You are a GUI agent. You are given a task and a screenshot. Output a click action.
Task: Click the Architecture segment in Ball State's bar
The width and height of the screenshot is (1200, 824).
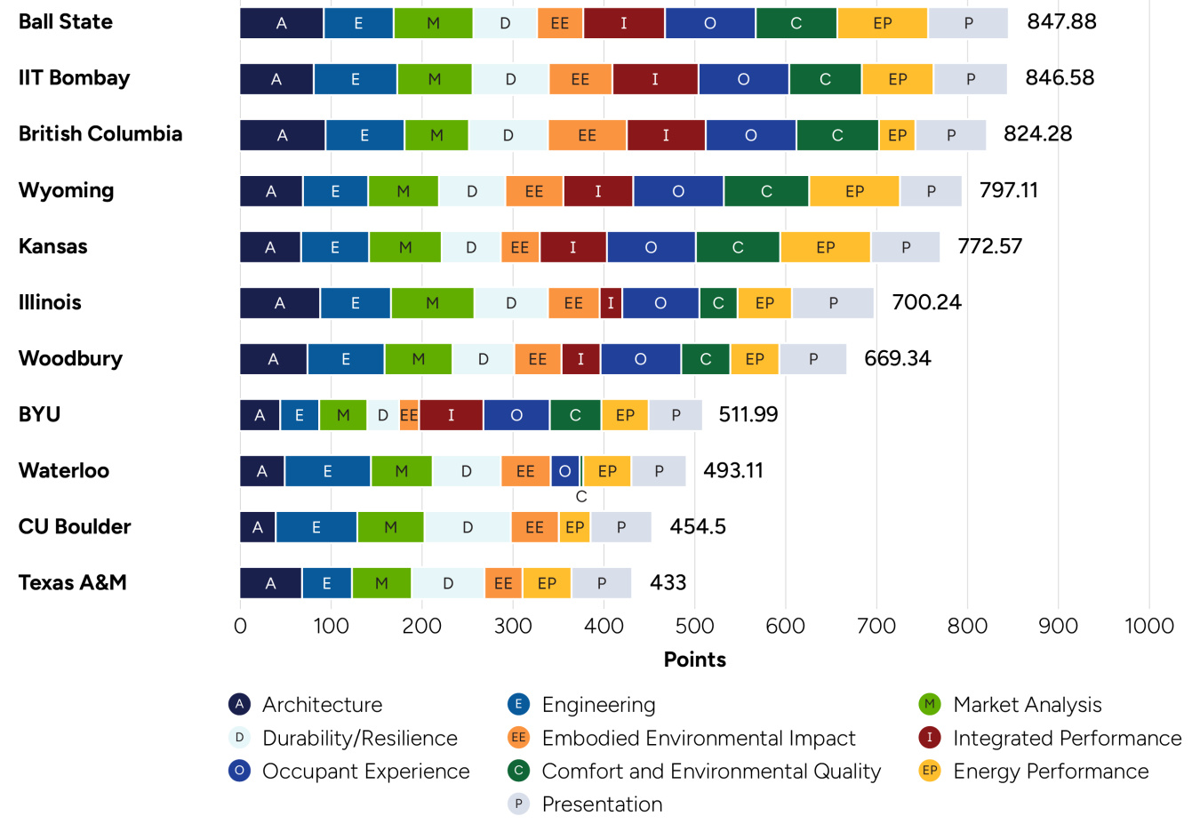coord(281,23)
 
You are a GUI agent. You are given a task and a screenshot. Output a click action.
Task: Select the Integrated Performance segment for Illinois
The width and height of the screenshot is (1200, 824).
coord(611,303)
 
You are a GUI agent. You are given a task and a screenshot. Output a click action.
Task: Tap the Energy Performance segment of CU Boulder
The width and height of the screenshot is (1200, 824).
coord(575,527)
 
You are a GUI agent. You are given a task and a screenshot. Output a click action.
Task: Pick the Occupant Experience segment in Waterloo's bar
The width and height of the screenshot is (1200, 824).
coord(564,471)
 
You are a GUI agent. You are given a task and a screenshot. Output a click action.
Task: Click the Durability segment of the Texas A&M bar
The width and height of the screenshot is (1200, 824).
coord(448,583)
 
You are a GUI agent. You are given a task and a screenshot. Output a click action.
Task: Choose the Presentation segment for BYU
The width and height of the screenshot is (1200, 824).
coord(676,415)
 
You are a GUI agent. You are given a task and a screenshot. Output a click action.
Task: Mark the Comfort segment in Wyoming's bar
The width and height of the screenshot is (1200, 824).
coord(766,191)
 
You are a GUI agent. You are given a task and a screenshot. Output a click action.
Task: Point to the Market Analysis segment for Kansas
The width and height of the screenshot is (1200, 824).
coord(405,247)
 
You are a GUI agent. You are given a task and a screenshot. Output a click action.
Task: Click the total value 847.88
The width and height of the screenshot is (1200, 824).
coord(1061,22)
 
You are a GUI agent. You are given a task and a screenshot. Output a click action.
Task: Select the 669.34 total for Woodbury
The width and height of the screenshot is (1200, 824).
coord(897,359)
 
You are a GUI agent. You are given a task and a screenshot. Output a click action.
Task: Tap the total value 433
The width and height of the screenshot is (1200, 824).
coord(668,583)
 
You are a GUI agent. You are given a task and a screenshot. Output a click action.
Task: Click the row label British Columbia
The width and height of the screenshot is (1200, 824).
coord(100,134)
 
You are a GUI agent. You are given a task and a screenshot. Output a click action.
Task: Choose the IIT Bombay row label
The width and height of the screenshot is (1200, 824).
coord(74,78)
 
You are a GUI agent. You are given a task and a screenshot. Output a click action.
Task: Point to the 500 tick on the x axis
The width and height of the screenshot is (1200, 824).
coord(694,627)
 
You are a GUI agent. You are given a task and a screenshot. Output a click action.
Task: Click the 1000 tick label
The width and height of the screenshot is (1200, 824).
coord(1148,627)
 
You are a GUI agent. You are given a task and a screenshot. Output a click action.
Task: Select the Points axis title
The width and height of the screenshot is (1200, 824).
coord(694,660)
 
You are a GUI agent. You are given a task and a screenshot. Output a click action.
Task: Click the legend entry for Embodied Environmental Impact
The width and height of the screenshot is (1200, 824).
coord(698,739)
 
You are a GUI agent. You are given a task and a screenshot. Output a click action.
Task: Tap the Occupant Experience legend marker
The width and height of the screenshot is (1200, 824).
coord(239,771)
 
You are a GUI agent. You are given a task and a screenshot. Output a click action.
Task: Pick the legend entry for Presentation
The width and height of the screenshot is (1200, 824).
coord(602,804)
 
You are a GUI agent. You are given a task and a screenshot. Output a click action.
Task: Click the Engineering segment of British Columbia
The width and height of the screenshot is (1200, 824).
coord(364,135)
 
